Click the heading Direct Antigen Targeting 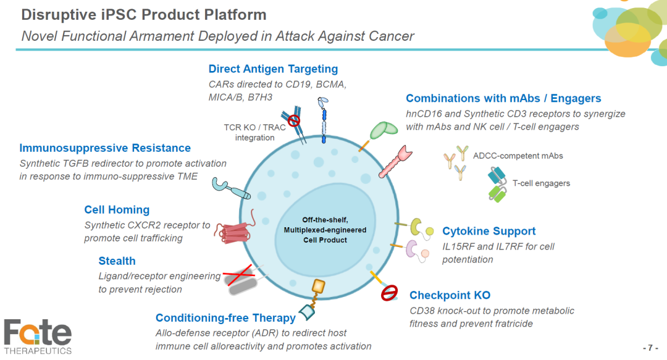pyautogui.click(x=273, y=69)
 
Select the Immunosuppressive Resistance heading pyautogui.click(x=105, y=148)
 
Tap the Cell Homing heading pyautogui.click(x=117, y=210)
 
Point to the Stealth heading pyautogui.click(x=117, y=261)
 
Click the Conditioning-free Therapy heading pyautogui.click(x=225, y=318)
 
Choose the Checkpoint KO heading pyautogui.click(x=450, y=295)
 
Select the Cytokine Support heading pyautogui.click(x=489, y=231)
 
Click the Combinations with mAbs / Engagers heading pyautogui.click(x=503, y=98)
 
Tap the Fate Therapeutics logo pyautogui.click(x=38, y=337)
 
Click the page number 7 pyautogui.click(x=650, y=348)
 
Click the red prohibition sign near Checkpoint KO pyautogui.click(x=389, y=293)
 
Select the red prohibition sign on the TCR pyautogui.click(x=293, y=121)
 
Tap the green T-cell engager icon pyautogui.click(x=497, y=194)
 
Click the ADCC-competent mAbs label pyautogui.click(x=518, y=156)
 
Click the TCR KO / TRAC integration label pyautogui.click(x=254, y=132)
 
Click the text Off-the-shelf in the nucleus pyautogui.click(x=325, y=220)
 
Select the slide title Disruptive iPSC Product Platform pyautogui.click(x=144, y=15)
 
